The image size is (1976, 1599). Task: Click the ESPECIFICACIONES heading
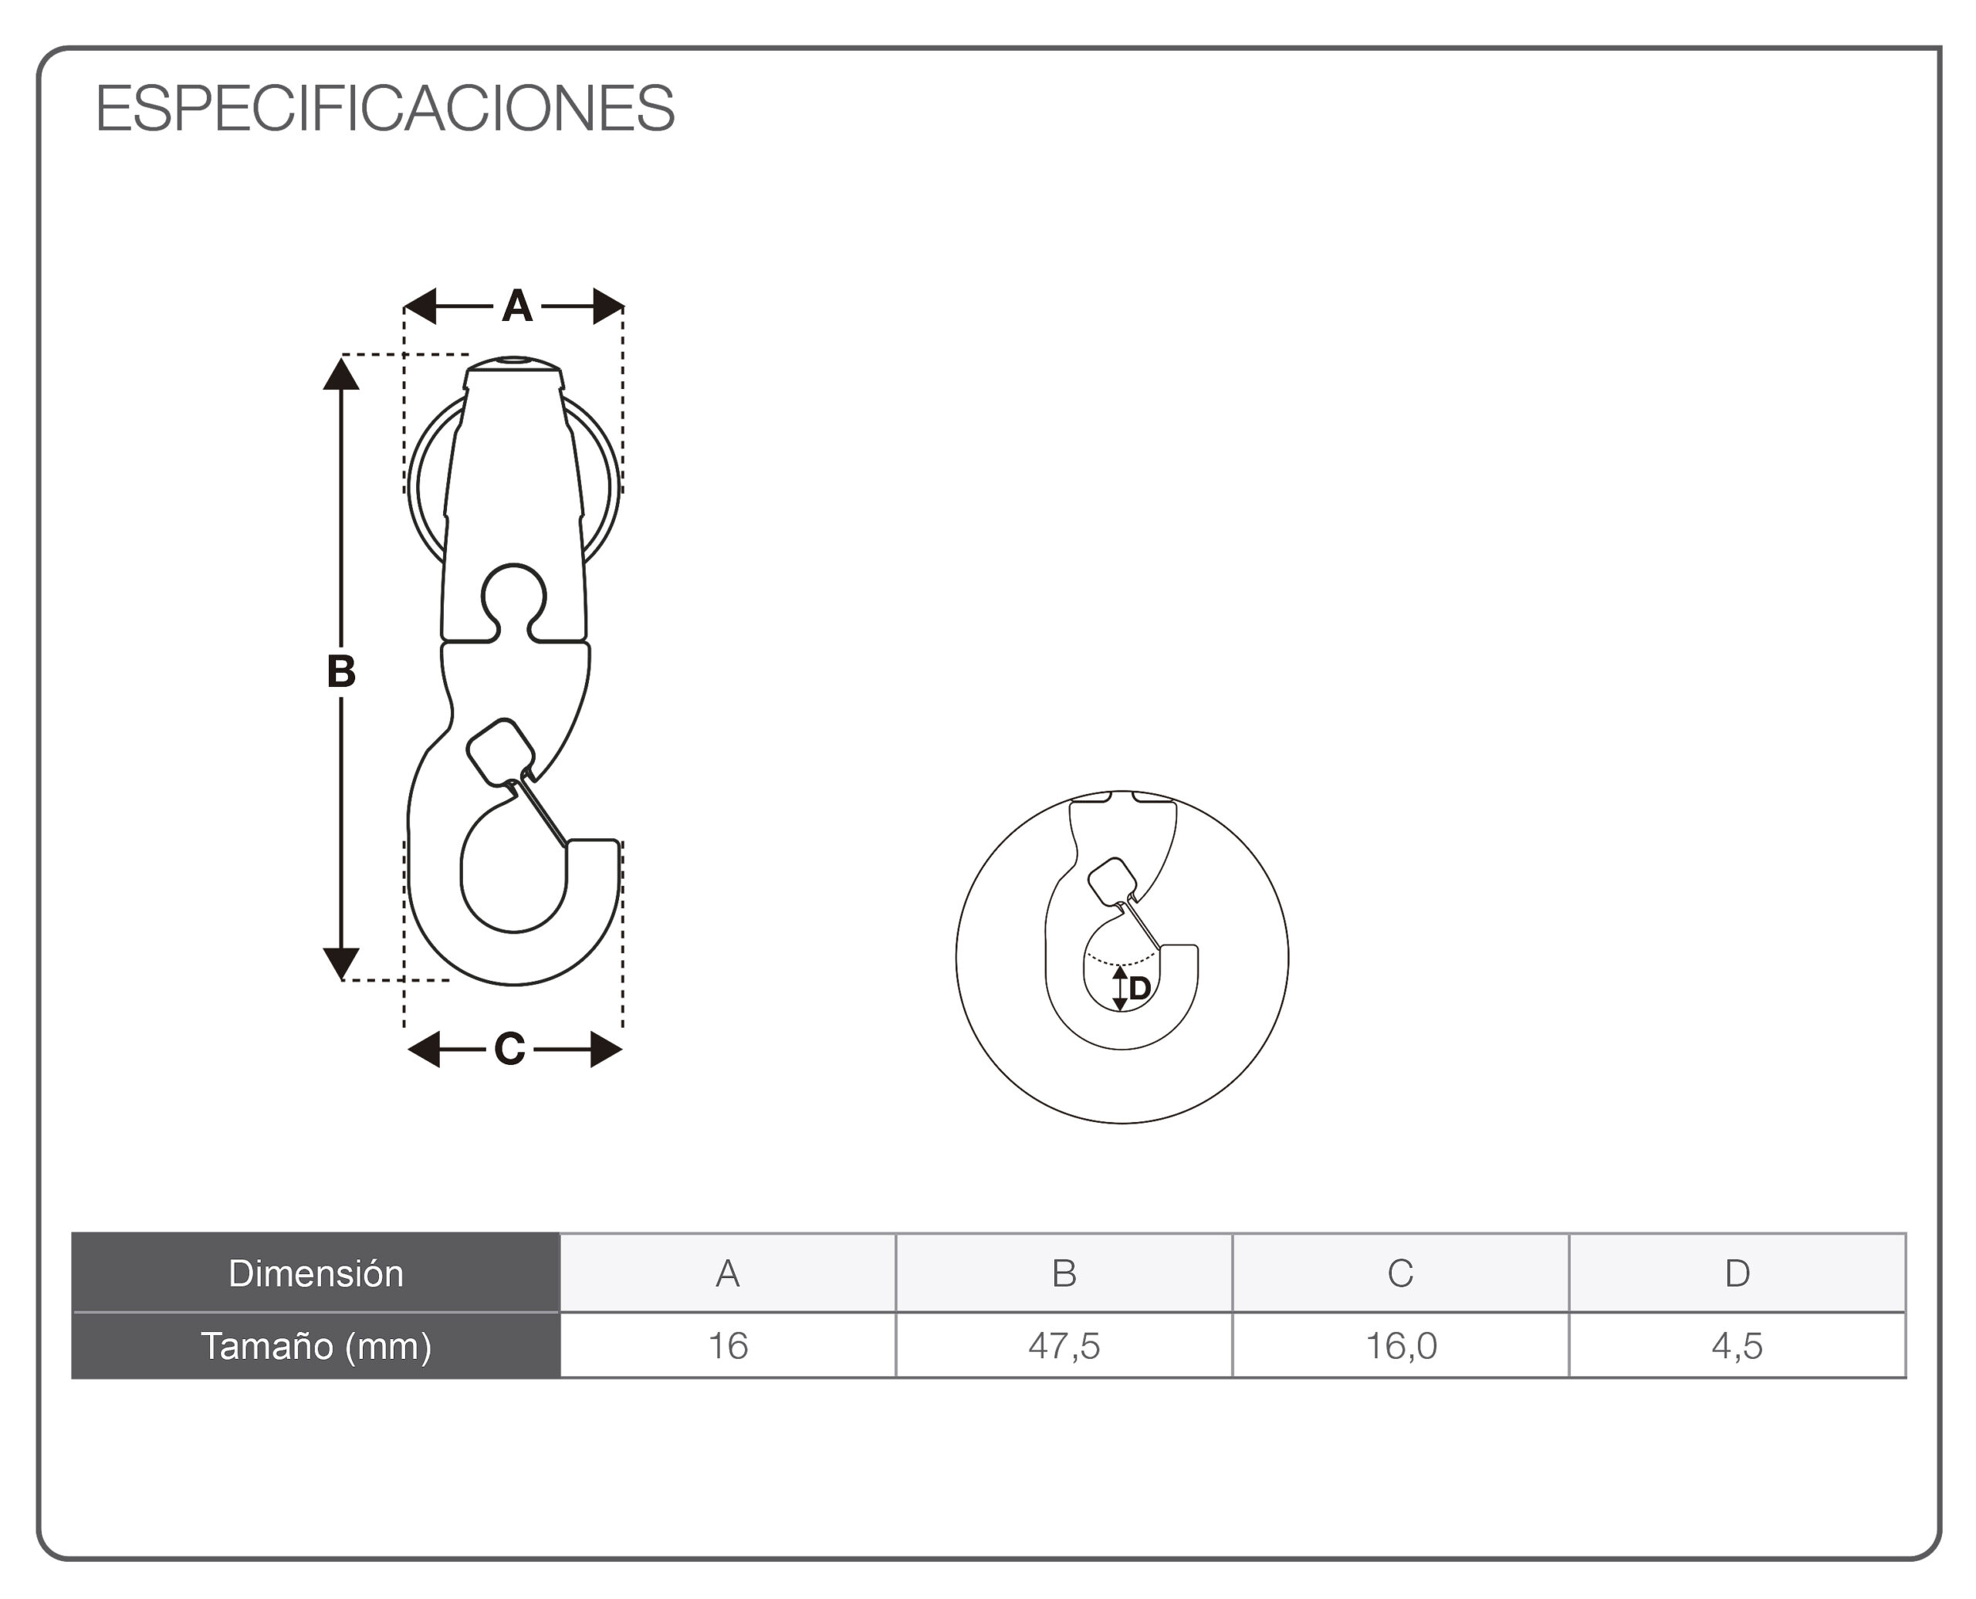tap(385, 108)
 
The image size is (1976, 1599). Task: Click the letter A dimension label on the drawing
tap(517, 306)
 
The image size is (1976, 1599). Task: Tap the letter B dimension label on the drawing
tap(341, 671)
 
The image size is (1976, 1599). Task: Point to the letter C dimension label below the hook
tap(509, 1049)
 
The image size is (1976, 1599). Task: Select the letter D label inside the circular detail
tap(1139, 989)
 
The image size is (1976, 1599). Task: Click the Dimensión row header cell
tap(316, 1273)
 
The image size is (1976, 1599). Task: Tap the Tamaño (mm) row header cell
tap(316, 1346)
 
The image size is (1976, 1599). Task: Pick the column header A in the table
tap(728, 1273)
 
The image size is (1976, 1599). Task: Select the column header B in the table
tap(1064, 1273)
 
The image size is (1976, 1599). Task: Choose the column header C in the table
tap(1400, 1273)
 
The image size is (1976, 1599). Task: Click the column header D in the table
tap(1737, 1273)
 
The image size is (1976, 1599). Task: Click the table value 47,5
tap(1064, 1346)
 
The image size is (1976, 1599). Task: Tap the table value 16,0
tap(1400, 1346)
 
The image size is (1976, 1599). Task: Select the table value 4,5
tap(1737, 1346)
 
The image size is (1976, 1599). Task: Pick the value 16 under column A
tap(728, 1346)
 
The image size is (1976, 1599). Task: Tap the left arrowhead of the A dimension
tap(420, 306)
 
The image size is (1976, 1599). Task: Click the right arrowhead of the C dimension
tap(606, 1049)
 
